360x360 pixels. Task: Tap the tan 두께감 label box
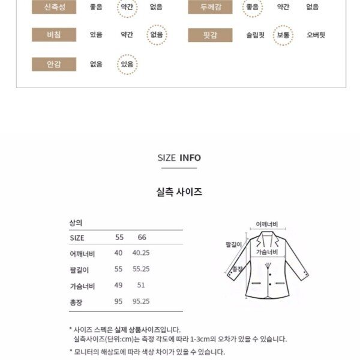point(209,7)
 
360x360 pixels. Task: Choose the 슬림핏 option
point(255,35)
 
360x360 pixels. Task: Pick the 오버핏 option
point(316,35)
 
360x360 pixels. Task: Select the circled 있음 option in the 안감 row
point(127,64)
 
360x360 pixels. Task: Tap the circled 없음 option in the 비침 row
point(156,35)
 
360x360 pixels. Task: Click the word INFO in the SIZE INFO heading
point(190,158)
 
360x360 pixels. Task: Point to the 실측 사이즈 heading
point(179,193)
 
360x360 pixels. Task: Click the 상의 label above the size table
point(75,223)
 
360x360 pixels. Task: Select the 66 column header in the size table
point(142,238)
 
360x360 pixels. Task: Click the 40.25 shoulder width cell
point(141,253)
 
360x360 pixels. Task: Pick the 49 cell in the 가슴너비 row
point(118,286)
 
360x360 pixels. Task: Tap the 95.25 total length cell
point(141,302)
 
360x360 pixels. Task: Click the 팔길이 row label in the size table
point(79,270)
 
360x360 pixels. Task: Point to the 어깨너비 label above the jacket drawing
point(267,224)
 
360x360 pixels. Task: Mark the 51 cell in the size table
point(142,286)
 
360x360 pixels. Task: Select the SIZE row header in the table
point(77,238)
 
